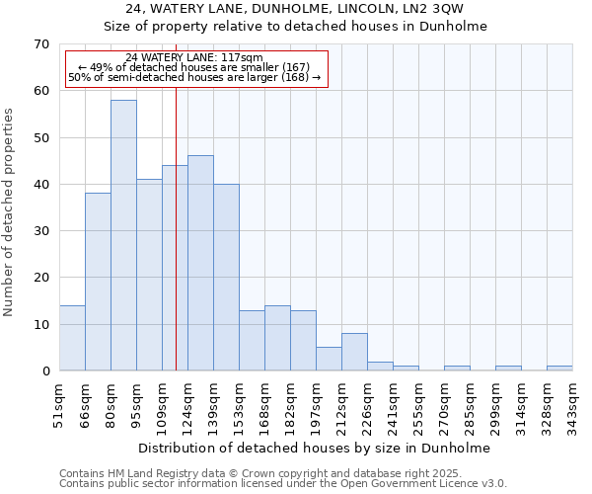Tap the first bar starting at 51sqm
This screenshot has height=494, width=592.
(x=72, y=338)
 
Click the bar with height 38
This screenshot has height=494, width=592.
(x=98, y=282)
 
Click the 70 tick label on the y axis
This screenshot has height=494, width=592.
(x=40, y=44)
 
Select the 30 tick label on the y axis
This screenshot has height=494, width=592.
(x=40, y=231)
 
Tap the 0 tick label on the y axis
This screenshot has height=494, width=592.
(x=44, y=371)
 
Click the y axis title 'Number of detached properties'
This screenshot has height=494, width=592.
(x=9, y=212)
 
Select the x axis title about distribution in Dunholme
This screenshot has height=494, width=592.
(x=314, y=448)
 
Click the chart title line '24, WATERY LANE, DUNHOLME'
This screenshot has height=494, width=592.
(x=295, y=8)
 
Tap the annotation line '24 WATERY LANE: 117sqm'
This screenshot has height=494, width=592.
(x=194, y=57)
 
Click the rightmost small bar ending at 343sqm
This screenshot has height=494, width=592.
(x=559, y=369)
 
